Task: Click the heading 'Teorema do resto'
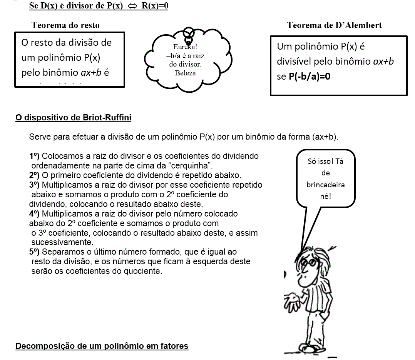(65, 25)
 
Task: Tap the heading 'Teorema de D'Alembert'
(334, 25)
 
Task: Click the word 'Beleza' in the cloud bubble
(185, 73)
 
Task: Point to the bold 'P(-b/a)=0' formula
(309, 76)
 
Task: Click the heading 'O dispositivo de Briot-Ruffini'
(73, 118)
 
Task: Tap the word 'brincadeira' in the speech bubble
(325, 185)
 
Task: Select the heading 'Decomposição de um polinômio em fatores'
(102, 346)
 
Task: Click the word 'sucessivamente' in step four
(62, 242)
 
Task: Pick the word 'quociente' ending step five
(144, 271)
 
